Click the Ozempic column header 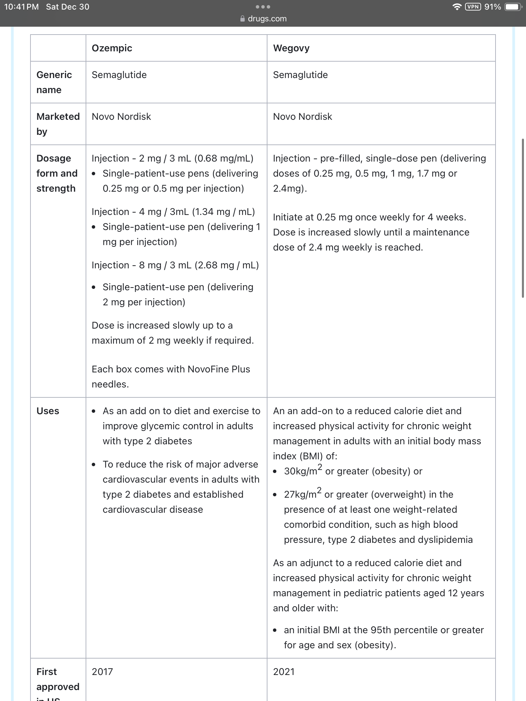coord(112,48)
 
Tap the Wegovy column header coord(291,48)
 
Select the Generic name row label coord(54,82)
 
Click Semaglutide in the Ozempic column coord(119,75)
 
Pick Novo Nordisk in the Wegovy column coord(302,117)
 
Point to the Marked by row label coord(58,124)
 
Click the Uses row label coord(48,411)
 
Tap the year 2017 coord(102,672)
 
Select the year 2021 coord(284,672)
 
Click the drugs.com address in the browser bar coord(267,19)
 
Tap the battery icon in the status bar coord(513,7)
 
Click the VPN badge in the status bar coord(473,7)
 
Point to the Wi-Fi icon coord(456,7)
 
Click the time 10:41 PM coord(21,7)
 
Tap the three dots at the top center coord(263,7)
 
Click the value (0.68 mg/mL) coord(224,158)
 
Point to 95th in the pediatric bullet coord(380,630)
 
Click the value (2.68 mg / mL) coord(227,265)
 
